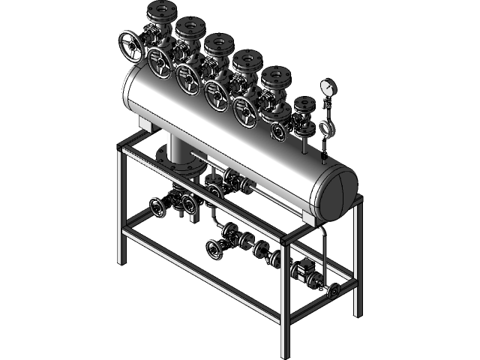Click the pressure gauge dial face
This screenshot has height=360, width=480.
[328, 86]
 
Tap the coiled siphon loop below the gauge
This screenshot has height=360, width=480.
[326, 128]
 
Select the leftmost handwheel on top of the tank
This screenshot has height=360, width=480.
[130, 46]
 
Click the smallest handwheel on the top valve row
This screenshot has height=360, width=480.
[278, 132]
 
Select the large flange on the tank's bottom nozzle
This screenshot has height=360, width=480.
[174, 157]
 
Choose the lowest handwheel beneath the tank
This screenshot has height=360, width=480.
[214, 249]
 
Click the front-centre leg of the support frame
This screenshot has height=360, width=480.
[284, 300]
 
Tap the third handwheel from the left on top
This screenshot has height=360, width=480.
[188, 78]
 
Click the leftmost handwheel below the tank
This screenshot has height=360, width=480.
[157, 207]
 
